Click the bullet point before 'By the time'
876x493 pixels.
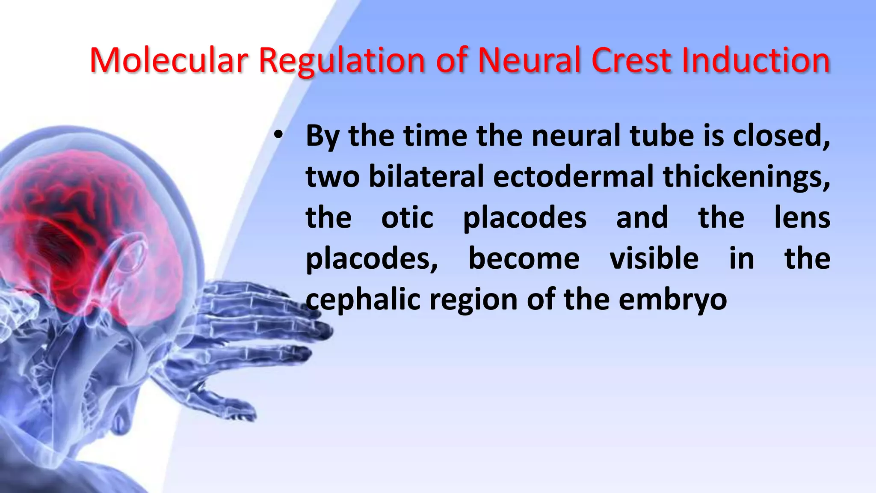coord(278,136)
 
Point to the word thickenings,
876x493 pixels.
coord(746,177)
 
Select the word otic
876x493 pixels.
coord(407,217)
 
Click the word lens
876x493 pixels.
coord(802,217)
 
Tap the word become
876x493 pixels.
coord(524,258)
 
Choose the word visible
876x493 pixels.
coord(654,258)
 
